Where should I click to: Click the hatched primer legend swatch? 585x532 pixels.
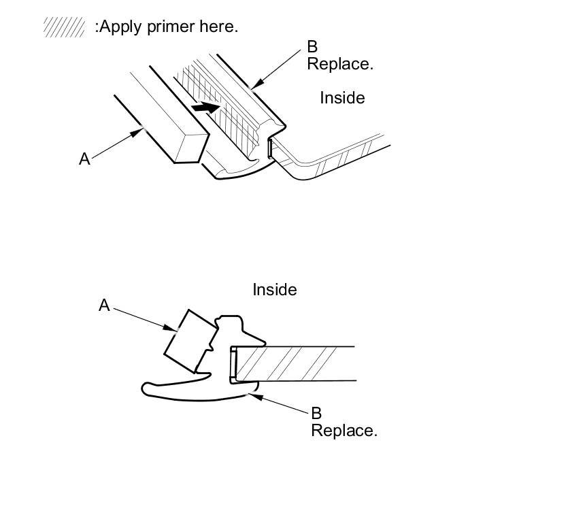64,27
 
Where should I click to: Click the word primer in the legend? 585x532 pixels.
163,27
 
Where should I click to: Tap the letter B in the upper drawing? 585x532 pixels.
312,47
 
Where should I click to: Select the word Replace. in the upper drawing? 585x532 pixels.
340,65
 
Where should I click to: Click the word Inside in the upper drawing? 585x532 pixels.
342,98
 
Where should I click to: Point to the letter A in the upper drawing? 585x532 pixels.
84,159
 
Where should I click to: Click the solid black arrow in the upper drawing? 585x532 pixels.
205,107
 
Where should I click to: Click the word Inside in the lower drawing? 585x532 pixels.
275,290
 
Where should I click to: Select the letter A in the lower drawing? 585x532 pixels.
104,305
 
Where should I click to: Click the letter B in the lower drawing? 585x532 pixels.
316,413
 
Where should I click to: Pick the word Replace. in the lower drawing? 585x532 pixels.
344,431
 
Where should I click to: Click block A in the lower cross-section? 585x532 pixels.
190,342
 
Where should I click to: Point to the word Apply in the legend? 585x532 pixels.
118,27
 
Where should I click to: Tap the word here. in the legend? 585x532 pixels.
218,27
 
